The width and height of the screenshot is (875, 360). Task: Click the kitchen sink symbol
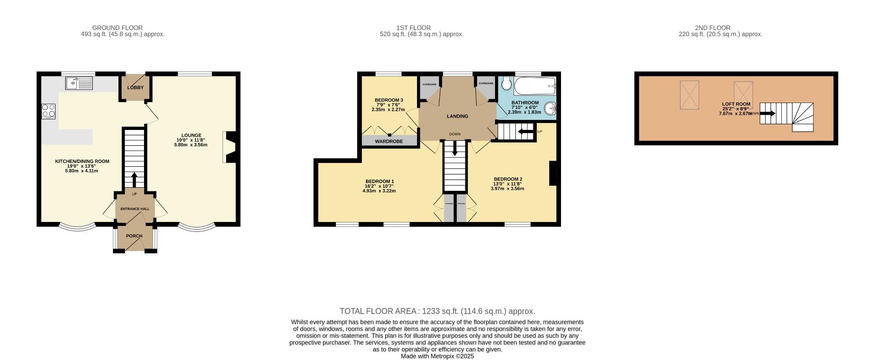pos(79,83)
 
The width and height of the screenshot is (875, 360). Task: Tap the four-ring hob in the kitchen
pos(48,111)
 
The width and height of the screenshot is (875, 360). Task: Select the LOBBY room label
pos(135,87)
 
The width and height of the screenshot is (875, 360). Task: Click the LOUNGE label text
pos(191,135)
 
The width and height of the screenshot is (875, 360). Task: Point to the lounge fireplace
pos(231,147)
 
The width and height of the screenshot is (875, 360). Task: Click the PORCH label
pos(134,236)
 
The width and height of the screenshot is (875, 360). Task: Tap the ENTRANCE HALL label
pos(134,209)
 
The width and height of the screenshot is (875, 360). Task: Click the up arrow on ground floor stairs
pos(134,179)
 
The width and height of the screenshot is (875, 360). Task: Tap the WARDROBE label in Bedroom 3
pos(389,142)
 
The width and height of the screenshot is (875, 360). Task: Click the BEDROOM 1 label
pos(379,181)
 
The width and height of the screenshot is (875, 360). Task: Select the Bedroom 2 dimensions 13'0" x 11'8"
pos(507,184)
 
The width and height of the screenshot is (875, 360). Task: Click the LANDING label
pos(457,116)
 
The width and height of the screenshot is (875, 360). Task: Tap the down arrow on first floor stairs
pos(454,151)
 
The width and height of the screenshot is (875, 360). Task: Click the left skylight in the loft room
pos(689,95)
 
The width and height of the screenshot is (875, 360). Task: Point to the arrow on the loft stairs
pos(767,113)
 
